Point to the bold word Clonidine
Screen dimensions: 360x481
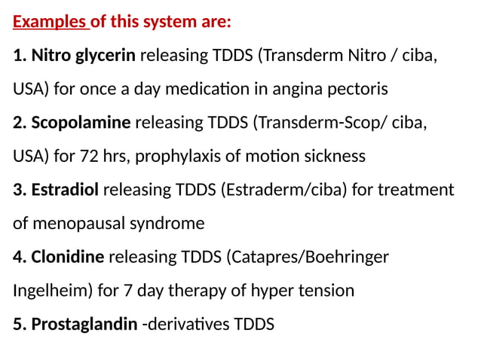pos(68,257)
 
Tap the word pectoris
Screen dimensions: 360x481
pos(360,89)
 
